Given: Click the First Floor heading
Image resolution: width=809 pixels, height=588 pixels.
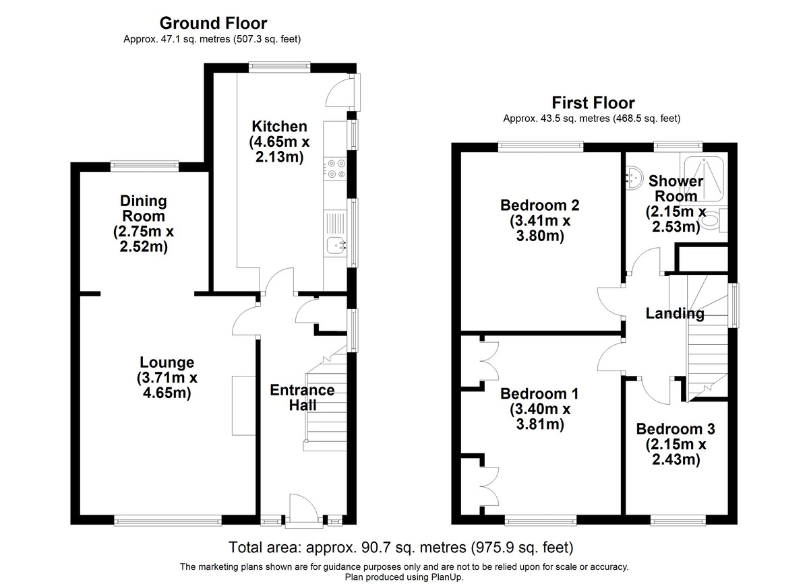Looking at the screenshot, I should click(593, 103).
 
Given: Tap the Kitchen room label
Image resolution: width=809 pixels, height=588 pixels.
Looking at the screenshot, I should click(279, 126).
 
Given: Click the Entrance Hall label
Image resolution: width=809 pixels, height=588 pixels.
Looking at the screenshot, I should click(302, 397).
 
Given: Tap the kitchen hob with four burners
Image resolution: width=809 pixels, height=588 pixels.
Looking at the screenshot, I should click(334, 168).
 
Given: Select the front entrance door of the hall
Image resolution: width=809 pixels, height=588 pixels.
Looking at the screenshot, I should click(299, 509).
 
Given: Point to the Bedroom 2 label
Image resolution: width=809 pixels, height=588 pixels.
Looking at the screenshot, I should click(531, 205).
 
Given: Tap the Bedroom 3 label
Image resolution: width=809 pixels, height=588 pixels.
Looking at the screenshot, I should click(676, 429).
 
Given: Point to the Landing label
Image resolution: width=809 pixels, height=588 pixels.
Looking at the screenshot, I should click(675, 313).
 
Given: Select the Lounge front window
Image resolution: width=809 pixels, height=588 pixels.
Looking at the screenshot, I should click(167, 519).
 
